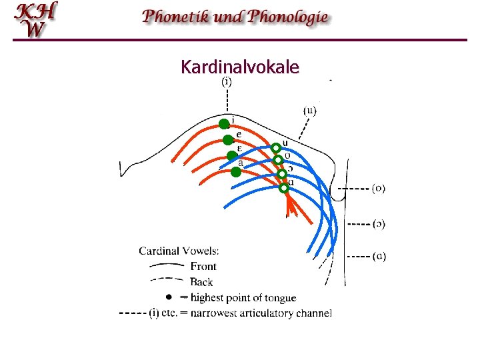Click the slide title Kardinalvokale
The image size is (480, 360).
(239, 67)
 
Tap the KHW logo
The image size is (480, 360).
(37, 20)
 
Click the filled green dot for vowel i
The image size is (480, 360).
(224, 123)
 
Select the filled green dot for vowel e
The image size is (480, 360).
(228, 139)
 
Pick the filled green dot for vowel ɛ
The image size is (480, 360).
(231, 155)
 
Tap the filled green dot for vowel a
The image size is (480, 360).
(235, 171)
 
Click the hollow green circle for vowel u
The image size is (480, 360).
(275, 148)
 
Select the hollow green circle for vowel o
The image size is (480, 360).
(278, 160)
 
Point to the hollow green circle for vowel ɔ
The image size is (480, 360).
(282, 174)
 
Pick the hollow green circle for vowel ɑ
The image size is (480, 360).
(284, 188)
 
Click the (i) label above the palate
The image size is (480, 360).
(227, 82)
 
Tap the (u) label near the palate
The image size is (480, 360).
(310, 110)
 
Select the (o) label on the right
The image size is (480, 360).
(378, 188)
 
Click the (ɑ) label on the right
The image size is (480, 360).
(378, 255)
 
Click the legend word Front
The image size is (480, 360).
(204, 267)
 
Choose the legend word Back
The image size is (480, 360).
(202, 282)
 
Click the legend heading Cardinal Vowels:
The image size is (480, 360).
(179, 251)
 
